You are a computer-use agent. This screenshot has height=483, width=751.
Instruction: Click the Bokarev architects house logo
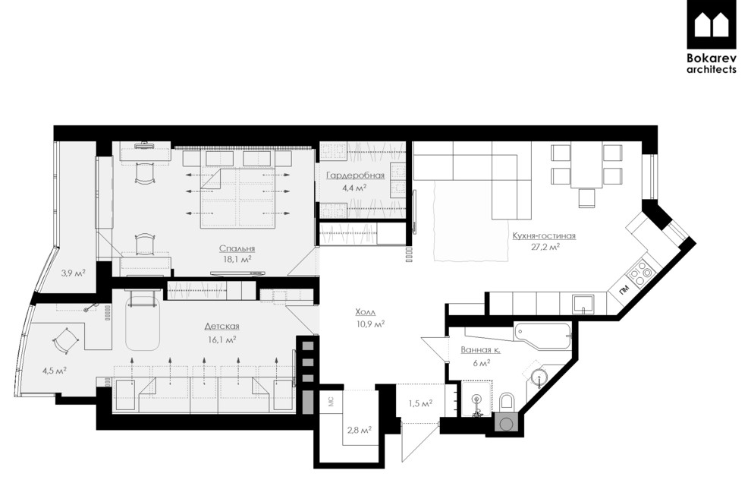(712, 24)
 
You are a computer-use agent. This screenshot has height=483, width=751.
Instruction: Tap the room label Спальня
(237, 248)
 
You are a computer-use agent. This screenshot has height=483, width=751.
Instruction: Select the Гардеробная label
(355, 175)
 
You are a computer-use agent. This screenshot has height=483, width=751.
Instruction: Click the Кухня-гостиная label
(544, 236)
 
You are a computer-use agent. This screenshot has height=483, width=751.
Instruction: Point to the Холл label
(366, 312)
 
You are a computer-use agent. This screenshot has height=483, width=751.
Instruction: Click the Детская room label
(222, 327)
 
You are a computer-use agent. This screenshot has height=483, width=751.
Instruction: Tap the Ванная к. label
(480, 350)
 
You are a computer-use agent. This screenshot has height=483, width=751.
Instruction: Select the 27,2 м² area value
(545, 247)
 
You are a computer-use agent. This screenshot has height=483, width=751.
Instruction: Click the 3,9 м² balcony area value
(73, 273)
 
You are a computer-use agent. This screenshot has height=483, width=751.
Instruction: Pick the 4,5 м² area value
(54, 371)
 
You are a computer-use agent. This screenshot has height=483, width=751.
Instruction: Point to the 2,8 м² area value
(360, 431)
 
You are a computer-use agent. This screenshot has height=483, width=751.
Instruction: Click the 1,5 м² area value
(420, 403)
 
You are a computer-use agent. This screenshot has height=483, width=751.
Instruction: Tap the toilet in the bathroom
(506, 401)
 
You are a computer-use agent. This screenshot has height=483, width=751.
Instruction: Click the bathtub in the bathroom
(542, 336)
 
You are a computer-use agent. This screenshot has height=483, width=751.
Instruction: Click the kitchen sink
(583, 304)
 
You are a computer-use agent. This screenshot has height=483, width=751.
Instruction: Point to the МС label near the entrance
(331, 402)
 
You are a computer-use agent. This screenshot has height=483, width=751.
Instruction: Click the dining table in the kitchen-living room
(586, 165)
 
